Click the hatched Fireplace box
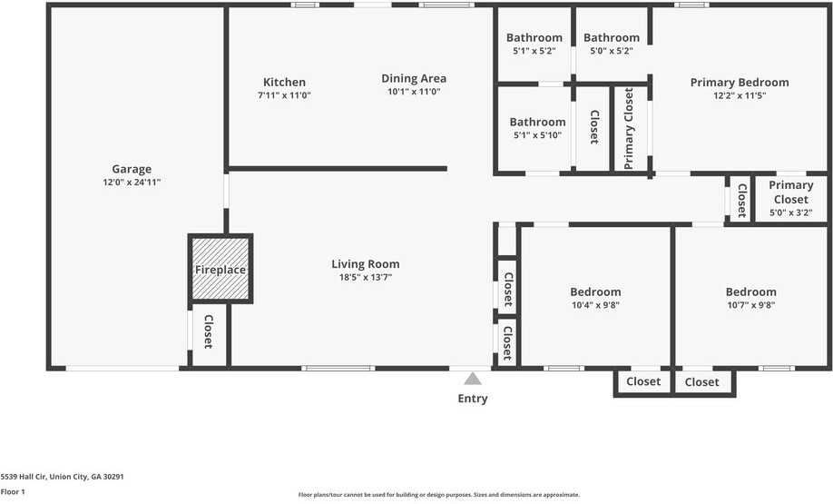[220, 269]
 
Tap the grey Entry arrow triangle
[473, 379]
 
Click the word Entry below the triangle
[473, 399]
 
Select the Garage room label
[132, 169]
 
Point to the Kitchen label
[284, 82]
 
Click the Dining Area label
[413, 78]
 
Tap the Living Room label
[365, 264]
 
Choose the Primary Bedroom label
[740, 82]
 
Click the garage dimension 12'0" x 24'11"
[132, 183]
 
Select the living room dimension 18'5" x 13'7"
[365, 278]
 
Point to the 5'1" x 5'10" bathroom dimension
[537, 135]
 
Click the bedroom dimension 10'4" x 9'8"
[595, 305]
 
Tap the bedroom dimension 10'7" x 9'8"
[750, 305]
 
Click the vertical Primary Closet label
[629, 128]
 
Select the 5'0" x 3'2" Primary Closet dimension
[790, 213]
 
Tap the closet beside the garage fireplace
[208, 331]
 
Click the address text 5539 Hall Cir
[62, 476]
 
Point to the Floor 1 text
[13, 491]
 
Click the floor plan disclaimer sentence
[439, 495]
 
